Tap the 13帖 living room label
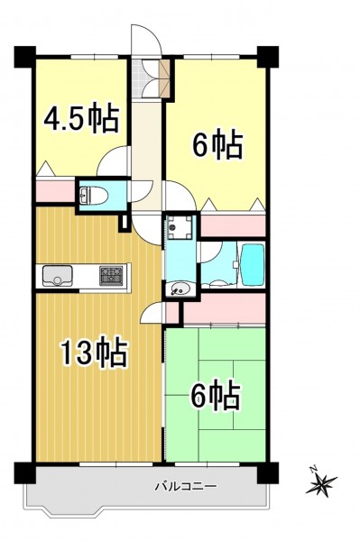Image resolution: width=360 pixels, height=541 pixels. click(93, 352)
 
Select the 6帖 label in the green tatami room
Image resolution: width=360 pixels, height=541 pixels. click(216, 395)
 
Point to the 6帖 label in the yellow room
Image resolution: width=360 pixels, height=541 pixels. click(217, 144)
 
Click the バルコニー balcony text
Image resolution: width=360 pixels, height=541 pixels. click(186, 487)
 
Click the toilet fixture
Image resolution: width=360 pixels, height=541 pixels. click(94, 196)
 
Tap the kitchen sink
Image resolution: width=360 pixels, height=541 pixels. click(58, 276)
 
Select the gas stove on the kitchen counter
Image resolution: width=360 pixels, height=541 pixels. click(111, 276)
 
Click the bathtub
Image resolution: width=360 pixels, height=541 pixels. click(253, 265)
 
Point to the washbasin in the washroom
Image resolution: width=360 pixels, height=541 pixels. click(180, 289)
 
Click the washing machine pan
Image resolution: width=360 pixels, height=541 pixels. click(180, 226)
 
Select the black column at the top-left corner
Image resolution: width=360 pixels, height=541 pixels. click(25, 57)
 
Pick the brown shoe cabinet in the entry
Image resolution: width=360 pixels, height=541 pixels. click(165, 78)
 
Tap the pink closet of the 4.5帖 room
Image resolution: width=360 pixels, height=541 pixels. click(56, 190)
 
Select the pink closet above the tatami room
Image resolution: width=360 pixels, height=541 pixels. click(224, 308)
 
